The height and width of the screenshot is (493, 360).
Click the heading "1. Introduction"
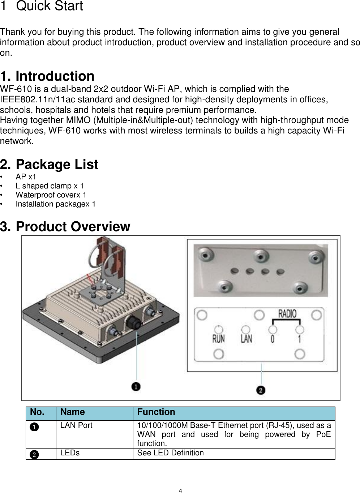tap(47, 76)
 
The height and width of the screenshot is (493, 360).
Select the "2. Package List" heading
tap(49, 165)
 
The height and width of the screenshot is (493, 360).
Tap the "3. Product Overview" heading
tap(65, 227)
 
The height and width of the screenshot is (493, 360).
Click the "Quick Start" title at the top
tap(50, 6)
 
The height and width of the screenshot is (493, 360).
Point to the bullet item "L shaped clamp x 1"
tap(50, 186)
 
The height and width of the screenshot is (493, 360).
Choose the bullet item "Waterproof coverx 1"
tap(51, 195)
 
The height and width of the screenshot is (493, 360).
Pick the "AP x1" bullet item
tap(26, 177)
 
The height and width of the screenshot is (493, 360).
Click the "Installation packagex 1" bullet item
tap(56, 204)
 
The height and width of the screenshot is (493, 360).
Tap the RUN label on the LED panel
tap(218, 339)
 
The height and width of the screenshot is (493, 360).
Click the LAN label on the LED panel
tap(246, 339)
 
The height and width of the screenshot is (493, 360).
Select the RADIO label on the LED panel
tap(287, 314)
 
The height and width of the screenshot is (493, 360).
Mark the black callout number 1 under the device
tap(136, 387)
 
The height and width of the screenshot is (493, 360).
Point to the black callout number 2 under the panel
tap(261, 390)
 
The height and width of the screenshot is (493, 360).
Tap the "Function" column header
tap(156, 412)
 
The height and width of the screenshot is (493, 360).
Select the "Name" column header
tap(73, 412)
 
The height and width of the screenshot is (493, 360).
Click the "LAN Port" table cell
tap(76, 425)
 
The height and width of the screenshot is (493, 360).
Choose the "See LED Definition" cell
tap(170, 453)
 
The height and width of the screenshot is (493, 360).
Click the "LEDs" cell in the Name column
tap(70, 453)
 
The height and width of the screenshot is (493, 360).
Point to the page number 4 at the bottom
tap(180, 491)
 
